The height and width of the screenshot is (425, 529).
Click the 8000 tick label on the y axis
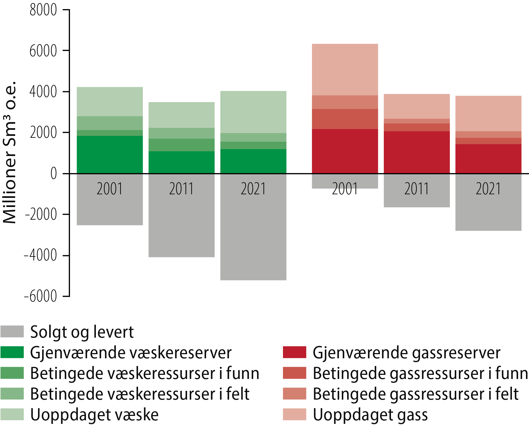pos(43,10)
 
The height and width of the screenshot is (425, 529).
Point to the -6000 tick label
pos(41,297)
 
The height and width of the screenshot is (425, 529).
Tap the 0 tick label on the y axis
pos(53,174)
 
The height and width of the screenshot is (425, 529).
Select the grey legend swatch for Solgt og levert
pos(12,331)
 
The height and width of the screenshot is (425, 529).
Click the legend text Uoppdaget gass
pos(370,415)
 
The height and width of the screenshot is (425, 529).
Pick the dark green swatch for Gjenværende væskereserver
pos(12,352)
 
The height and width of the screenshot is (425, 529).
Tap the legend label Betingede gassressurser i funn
pos(420,373)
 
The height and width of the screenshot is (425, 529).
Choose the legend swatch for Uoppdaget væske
pos(12,414)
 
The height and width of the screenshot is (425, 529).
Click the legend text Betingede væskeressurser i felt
pos(140,394)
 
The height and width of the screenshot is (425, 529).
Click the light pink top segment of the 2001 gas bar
pos(345,69)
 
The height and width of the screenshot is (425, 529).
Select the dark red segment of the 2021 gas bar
pos(488,158)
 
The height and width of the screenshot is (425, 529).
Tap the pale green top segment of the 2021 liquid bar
pos(253,112)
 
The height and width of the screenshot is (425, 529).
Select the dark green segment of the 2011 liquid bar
pos(181,162)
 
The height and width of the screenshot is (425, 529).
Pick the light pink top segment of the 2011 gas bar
pos(417,106)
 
